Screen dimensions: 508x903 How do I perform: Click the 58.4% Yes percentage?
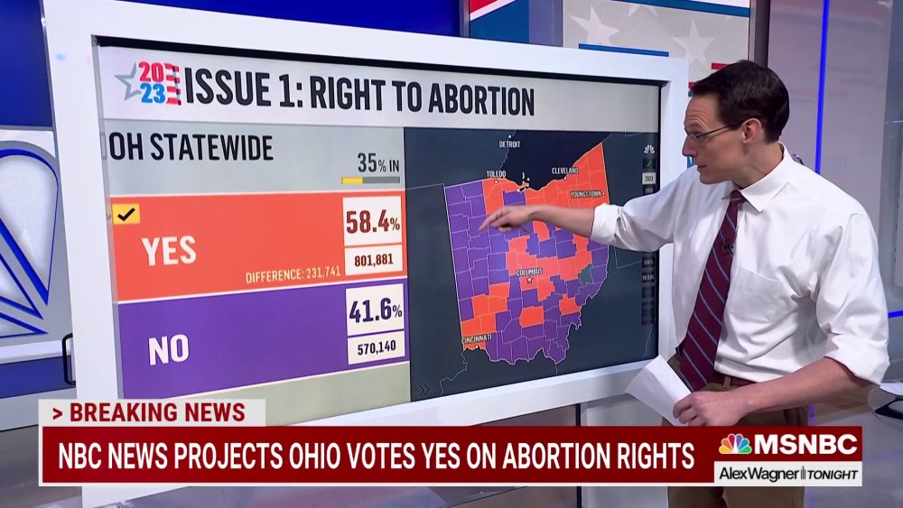(372, 220)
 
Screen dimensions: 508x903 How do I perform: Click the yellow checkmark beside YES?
(126, 214)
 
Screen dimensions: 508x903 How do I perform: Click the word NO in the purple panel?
(168, 349)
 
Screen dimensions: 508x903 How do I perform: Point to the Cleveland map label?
(564, 170)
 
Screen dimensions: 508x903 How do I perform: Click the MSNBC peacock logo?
(735, 444)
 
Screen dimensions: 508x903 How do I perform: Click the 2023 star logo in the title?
(148, 83)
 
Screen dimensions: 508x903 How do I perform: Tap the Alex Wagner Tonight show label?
(787, 474)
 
